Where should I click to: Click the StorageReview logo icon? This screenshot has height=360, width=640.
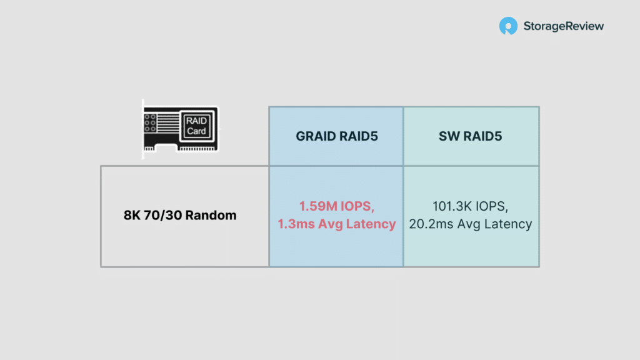pyautogui.click(x=508, y=26)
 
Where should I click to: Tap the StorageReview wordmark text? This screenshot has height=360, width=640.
pyautogui.click(x=563, y=26)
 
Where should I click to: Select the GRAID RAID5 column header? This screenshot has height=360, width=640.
pyautogui.click(x=337, y=136)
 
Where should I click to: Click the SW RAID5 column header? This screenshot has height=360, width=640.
pyautogui.click(x=470, y=136)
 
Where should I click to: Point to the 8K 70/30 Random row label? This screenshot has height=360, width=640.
pyautogui.click(x=180, y=215)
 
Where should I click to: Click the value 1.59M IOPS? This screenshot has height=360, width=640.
pyautogui.click(x=337, y=206)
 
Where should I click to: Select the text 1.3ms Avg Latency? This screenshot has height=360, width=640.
pyautogui.click(x=337, y=224)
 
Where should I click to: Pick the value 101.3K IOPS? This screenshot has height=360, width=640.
pyautogui.click(x=470, y=206)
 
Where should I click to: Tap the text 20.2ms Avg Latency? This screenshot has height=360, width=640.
pyautogui.click(x=470, y=224)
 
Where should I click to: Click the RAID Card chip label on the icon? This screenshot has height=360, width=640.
pyautogui.click(x=196, y=126)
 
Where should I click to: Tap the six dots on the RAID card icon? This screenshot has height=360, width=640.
pyautogui.click(x=150, y=123)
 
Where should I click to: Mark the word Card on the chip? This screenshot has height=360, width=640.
pyautogui.click(x=196, y=131)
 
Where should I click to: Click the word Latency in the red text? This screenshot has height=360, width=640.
pyautogui.click(x=371, y=224)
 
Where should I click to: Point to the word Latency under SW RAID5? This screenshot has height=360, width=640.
pyautogui.click(x=507, y=224)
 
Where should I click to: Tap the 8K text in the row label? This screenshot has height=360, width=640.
pyautogui.click(x=132, y=215)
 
